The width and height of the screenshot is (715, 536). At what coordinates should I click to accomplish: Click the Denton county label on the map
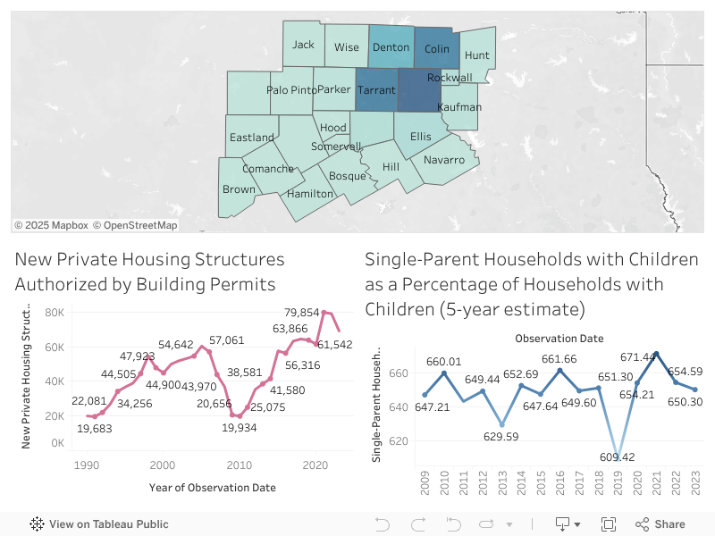click(391, 47)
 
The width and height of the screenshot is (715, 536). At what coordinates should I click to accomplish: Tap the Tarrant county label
click(376, 90)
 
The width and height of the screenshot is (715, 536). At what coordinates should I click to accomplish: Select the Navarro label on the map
click(444, 160)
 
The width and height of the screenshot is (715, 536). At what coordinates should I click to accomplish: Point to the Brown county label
click(239, 189)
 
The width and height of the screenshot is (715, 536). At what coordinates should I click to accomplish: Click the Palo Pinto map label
click(291, 90)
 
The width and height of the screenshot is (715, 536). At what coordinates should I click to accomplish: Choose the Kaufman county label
click(459, 107)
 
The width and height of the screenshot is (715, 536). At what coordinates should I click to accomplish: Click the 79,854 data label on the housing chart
click(302, 312)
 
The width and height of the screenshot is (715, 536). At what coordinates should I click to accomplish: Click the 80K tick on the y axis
click(54, 313)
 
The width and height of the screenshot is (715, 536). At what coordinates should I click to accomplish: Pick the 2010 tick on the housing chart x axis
click(239, 465)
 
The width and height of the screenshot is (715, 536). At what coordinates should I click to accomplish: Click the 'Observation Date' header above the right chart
click(559, 339)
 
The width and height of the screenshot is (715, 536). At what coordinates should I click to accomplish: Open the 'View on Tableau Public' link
click(99, 524)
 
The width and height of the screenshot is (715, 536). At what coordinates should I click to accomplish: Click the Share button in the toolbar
click(660, 524)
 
